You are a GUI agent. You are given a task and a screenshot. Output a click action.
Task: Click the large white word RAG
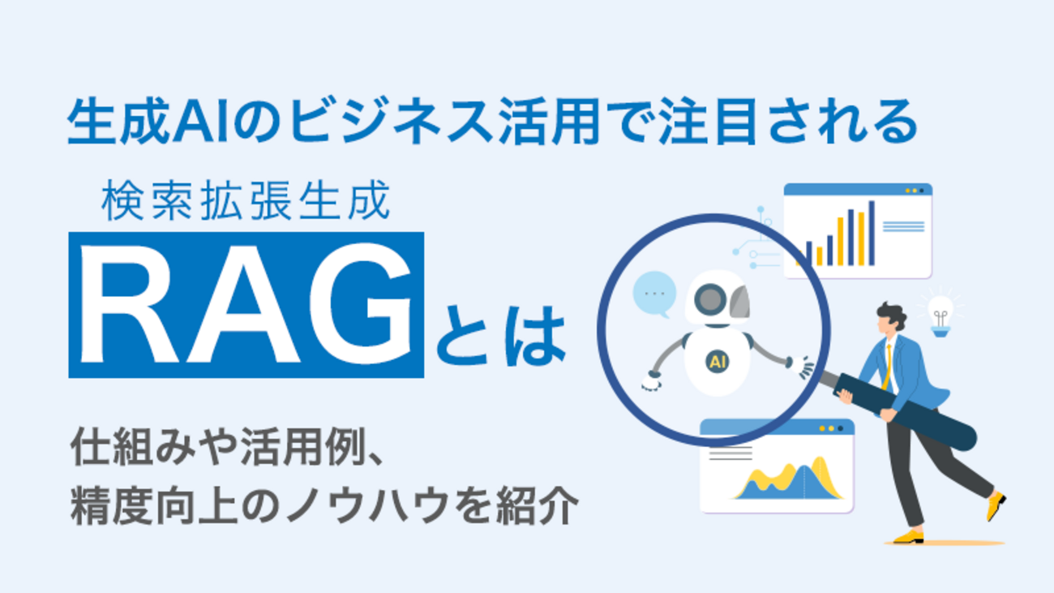click(246, 304)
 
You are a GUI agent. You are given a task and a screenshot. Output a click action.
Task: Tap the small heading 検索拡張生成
click(246, 200)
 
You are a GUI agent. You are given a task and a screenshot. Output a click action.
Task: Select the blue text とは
click(501, 336)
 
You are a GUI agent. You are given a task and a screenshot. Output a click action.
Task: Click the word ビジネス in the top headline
click(391, 121)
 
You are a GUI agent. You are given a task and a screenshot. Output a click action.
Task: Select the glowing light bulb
click(940, 314)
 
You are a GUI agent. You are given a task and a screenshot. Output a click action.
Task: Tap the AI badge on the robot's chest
click(717, 362)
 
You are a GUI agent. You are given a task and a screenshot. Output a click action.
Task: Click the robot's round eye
click(710, 299)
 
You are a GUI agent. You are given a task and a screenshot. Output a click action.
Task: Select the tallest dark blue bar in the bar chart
click(872, 234)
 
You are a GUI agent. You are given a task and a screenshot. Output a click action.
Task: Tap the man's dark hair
click(893, 314)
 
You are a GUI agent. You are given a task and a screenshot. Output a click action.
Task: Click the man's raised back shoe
click(996, 506)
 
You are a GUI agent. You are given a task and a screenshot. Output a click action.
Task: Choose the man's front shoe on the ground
click(909, 536)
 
